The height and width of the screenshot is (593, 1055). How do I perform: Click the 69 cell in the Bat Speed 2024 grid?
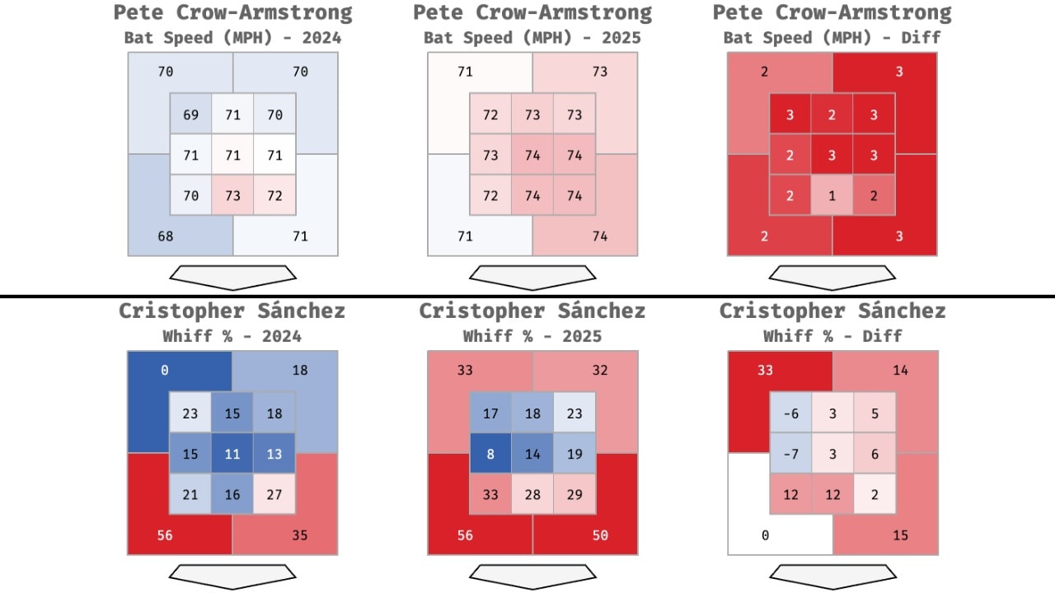190,114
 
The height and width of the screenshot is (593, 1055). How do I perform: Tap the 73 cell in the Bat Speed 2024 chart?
232,196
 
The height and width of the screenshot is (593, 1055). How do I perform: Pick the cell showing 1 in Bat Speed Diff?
832,196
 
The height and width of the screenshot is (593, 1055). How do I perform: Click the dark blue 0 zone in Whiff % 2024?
165,371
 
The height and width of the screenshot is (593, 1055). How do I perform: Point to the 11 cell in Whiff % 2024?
232,453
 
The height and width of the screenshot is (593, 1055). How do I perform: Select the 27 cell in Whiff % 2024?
274,494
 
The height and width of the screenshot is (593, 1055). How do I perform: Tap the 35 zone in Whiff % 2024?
300,535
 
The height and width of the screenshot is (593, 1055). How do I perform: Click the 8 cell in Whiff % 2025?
490,453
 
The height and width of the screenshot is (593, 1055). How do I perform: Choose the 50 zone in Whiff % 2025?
600,535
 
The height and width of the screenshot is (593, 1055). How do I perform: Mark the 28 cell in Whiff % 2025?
532,494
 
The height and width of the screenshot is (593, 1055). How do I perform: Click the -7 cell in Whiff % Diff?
790,453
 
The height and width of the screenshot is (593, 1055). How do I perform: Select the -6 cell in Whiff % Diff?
790,413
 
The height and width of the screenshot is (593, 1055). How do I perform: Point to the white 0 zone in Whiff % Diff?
765,535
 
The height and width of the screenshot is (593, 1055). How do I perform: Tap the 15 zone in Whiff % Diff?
900,535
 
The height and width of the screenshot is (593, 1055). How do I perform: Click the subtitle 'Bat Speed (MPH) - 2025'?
532,38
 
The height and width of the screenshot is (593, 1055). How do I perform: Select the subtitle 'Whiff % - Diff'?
832,336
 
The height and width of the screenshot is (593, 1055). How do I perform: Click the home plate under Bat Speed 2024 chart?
232,277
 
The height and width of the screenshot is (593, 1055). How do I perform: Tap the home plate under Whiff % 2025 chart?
532,576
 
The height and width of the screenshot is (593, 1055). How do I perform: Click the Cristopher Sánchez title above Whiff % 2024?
232,311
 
